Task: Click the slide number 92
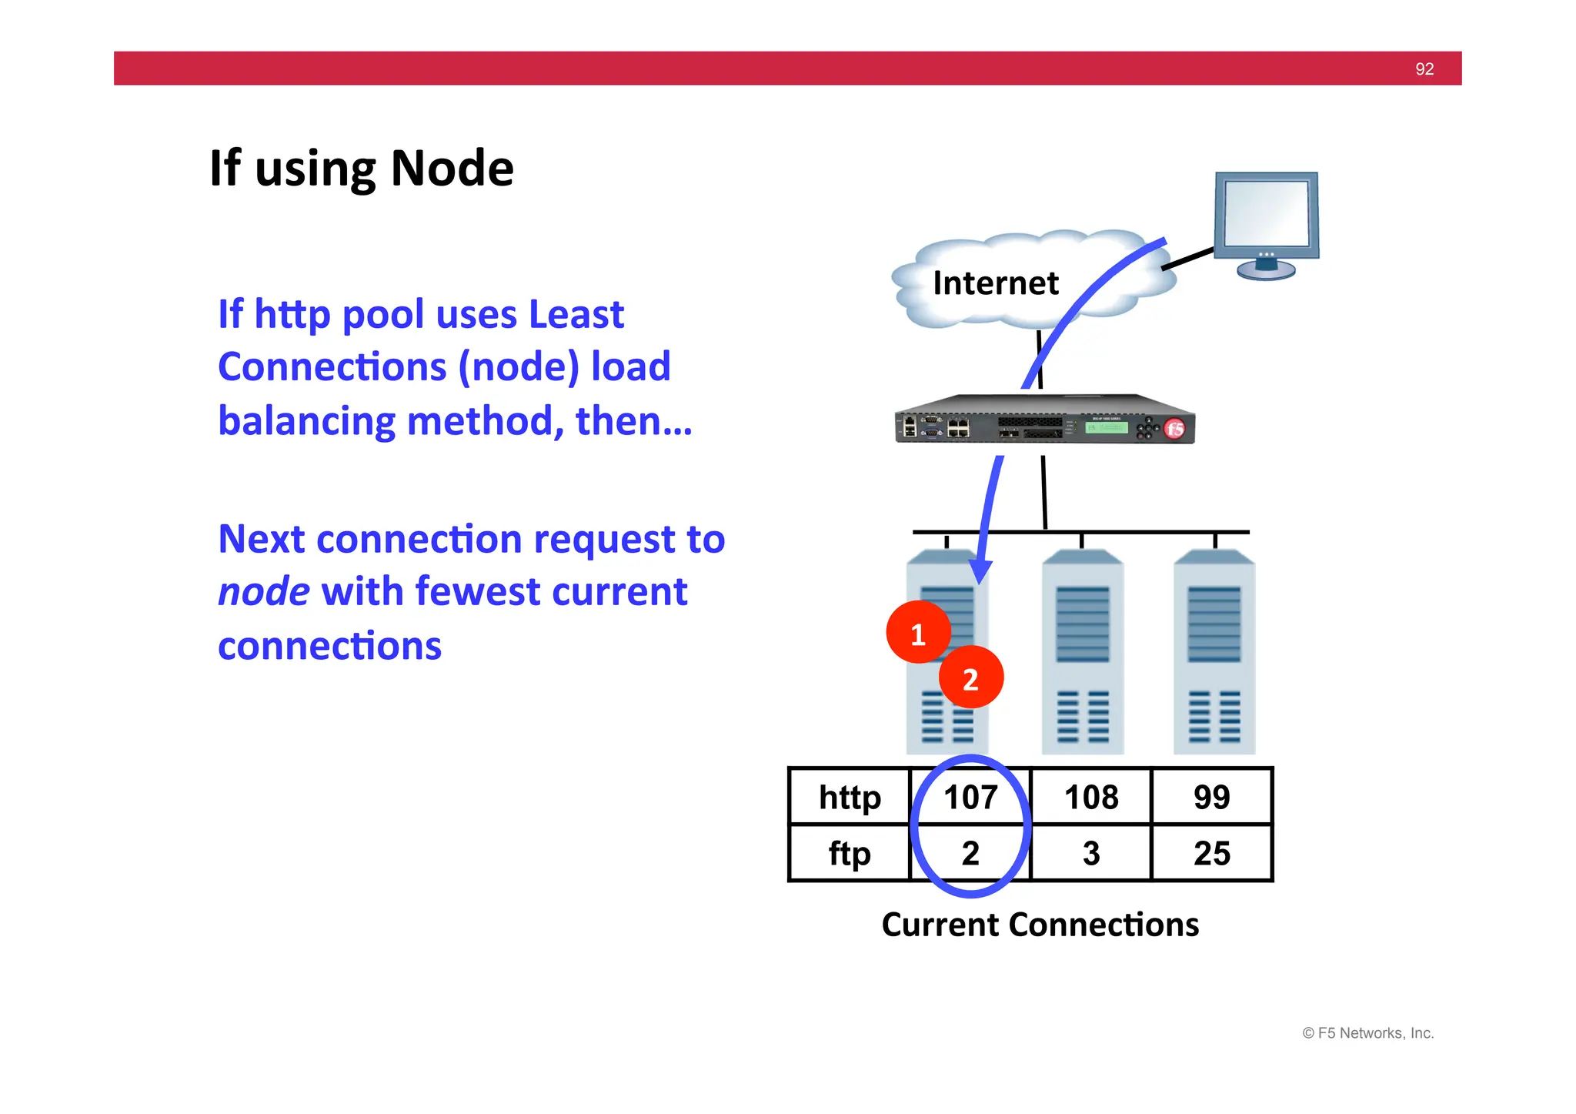[1424, 69]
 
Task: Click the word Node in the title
[452, 169]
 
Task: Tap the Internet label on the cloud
[995, 283]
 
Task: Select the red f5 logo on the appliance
[1174, 429]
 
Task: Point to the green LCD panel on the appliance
[1106, 427]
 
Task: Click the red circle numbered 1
[918, 634]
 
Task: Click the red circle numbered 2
[971, 678]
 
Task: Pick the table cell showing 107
[970, 797]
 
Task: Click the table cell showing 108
[1090, 797]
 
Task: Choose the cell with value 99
[1211, 797]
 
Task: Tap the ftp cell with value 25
[1211, 853]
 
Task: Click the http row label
[850, 797]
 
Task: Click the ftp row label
[850, 853]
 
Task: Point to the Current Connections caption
[1040, 925]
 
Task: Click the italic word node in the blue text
[264, 592]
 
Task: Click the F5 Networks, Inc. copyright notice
[1367, 1033]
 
